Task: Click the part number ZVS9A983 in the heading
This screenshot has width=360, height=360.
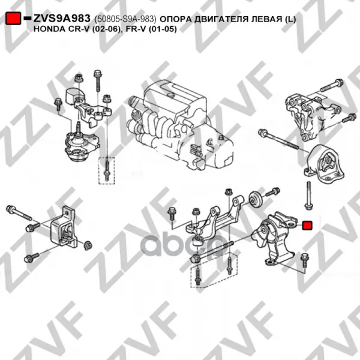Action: (x=62, y=19)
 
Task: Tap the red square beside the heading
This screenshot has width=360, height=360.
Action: (x=13, y=19)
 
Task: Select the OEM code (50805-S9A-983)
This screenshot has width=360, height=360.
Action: (x=125, y=19)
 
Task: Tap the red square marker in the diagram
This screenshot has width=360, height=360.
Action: (x=307, y=225)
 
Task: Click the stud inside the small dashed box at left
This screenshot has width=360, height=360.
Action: (x=107, y=170)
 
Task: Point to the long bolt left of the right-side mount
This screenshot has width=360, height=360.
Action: (x=278, y=139)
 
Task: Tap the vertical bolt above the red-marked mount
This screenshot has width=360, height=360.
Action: (x=308, y=196)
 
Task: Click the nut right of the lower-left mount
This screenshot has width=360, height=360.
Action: (x=88, y=245)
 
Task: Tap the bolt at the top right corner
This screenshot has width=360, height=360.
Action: (x=331, y=85)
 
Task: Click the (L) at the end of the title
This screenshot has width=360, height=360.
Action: (x=290, y=19)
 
